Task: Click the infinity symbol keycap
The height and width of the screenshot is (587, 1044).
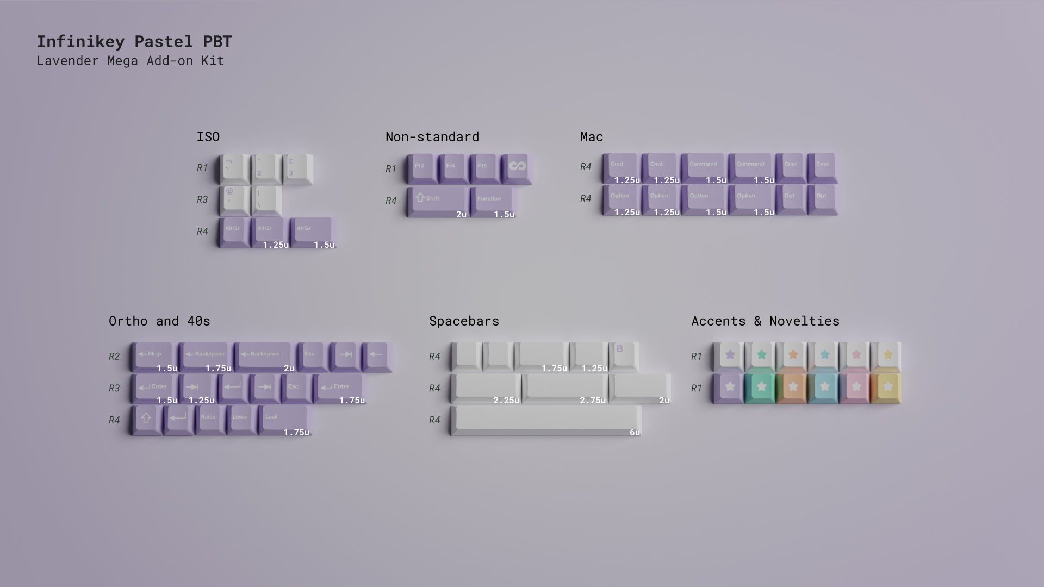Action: coord(517,167)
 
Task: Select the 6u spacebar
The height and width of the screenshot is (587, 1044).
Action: coord(546,419)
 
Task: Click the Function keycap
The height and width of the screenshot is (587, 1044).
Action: coord(492,201)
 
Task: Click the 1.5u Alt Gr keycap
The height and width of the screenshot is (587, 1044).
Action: coord(313,232)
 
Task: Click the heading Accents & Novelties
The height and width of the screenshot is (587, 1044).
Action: coord(765,321)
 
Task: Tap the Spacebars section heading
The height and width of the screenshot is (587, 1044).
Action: coord(464,321)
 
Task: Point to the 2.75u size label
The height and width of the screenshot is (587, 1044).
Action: coord(592,401)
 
